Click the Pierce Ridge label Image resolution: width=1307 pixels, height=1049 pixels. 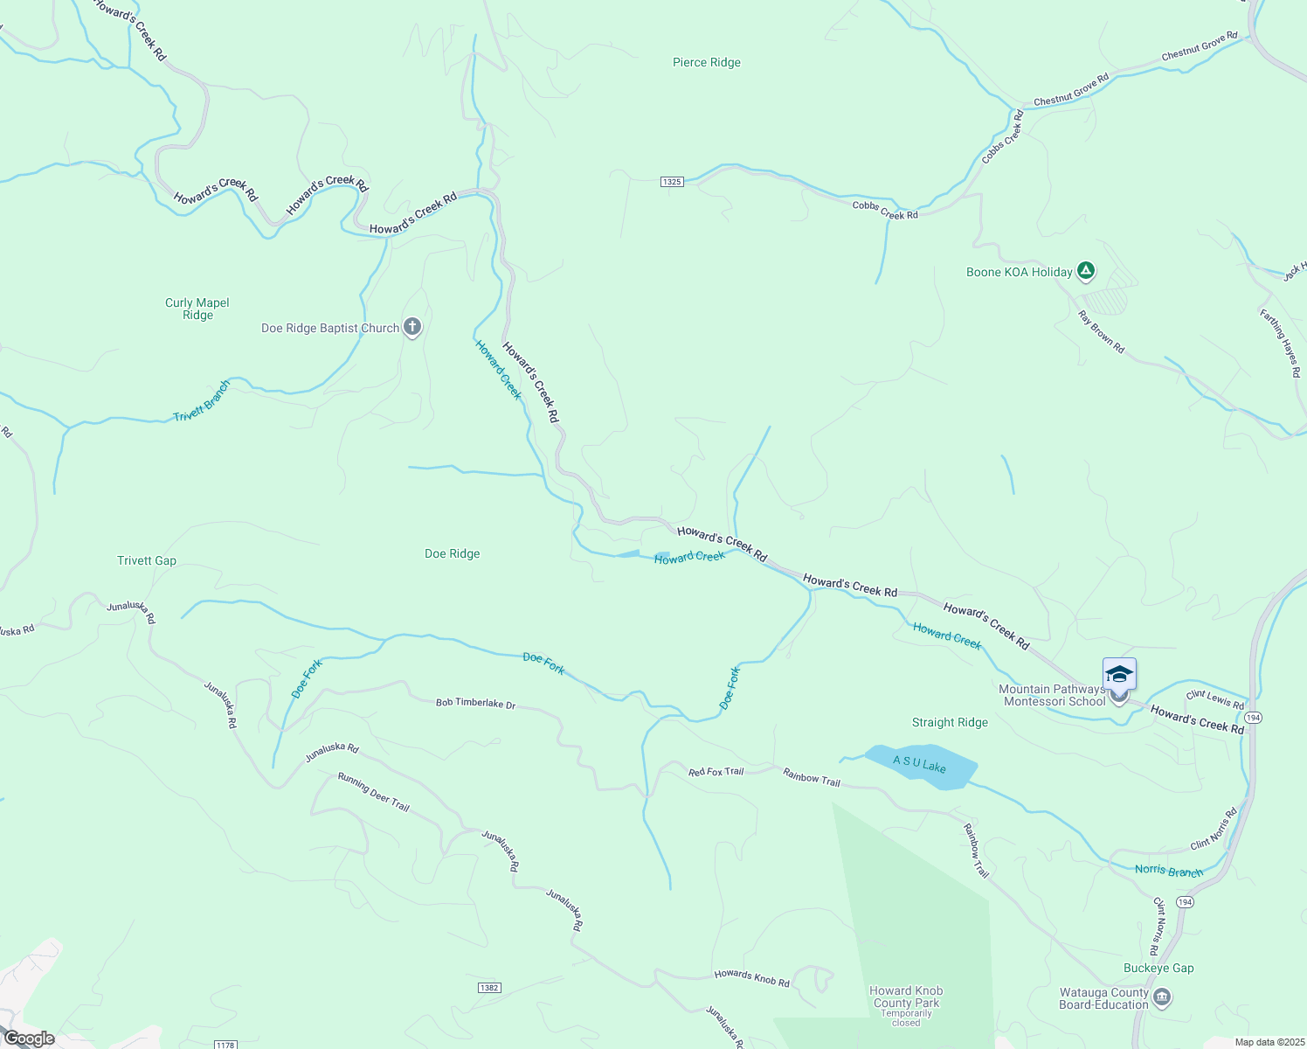pos(706,63)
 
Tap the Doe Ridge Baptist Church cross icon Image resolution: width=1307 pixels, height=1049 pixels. pos(412,328)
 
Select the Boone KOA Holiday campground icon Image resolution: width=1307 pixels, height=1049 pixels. pos(1085,271)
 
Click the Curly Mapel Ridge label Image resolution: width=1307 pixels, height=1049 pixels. pos(197,309)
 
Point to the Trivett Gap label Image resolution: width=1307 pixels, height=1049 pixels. pos(147,560)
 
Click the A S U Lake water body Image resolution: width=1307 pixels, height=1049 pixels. pos(921,767)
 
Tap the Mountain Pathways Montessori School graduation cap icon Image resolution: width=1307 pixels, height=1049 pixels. pos(1119,674)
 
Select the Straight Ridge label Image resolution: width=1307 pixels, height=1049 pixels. pos(950,722)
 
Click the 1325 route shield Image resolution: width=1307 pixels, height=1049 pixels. pos(671,182)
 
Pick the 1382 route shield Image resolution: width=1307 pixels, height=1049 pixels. pos(489,988)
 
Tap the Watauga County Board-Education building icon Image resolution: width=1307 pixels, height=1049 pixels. pos(1162,997)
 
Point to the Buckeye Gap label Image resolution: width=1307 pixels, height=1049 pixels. pos(1158,968)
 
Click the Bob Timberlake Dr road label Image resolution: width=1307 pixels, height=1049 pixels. pos(475,703)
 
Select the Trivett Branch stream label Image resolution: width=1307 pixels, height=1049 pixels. pos(202,401)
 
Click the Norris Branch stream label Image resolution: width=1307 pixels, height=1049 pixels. pos(1169,871)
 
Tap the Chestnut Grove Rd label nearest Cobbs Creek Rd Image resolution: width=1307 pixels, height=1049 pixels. pos(1070,90)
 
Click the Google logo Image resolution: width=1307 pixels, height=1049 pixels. pos(30,1039)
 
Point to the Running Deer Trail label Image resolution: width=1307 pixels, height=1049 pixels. pos(373,792)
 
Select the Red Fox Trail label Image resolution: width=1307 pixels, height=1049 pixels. pos(716,772)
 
